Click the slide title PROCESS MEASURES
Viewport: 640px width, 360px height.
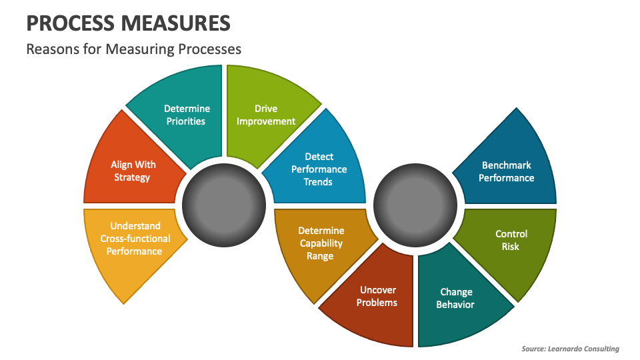coord(129,23)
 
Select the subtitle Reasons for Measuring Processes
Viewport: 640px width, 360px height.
coord(133,49)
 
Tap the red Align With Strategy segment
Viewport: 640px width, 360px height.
coord(132,171)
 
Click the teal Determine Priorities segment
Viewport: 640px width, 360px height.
coord(186,115)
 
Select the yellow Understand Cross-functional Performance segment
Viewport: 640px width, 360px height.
coord(135,239)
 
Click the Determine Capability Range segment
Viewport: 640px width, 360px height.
coord(321,243)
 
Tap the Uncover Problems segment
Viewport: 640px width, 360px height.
coord(377,297)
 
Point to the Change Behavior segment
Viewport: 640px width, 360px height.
coord(456,298)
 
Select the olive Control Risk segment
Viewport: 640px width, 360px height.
coord(511,241)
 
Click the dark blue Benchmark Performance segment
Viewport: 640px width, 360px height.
coord(506,171)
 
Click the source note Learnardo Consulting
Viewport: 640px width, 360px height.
coord(570,349)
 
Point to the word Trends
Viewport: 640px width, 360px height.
coord(318,182)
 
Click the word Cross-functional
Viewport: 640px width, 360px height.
coord(135,239)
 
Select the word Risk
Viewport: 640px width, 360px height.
coord(511,247)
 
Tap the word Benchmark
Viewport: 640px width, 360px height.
coord(506,165)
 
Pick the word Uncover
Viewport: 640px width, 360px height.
coord(378,290)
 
